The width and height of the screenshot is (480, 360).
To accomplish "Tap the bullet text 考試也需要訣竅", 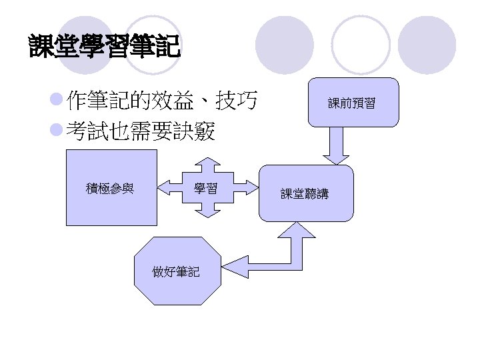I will click(x=141, y=133).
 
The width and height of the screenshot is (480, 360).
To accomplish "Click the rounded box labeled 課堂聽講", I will click(x=305, y=193).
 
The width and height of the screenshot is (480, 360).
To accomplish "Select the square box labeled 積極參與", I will click(x=111, y=188).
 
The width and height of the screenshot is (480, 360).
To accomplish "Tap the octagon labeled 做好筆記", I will click(x=176, y=271).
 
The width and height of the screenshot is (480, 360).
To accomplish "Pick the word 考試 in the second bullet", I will click(x=82, y=133).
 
